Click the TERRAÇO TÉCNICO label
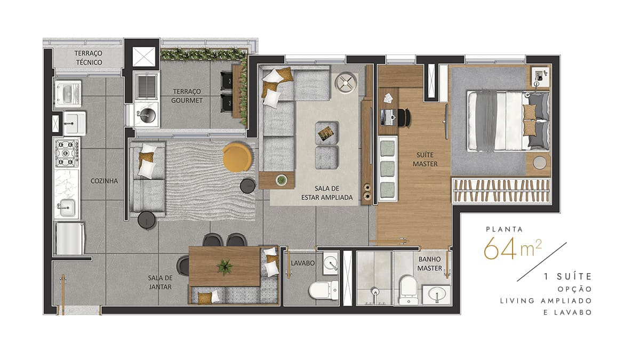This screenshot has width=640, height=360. click(89, 58)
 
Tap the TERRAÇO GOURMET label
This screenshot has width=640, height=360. click(187, 96)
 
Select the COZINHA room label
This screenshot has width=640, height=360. click(104, 181)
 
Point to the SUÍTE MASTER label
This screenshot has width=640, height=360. click(425, 159)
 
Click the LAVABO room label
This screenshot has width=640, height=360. click(302, 263)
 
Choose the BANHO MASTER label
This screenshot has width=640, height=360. click(429, 263)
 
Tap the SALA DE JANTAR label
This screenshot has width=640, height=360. click(160, 282)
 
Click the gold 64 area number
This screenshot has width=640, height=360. click(500, 248)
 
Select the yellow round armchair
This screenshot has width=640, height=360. click(237, 157)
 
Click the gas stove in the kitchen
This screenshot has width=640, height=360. click(67, 153)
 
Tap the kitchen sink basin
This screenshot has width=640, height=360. click(67, 207)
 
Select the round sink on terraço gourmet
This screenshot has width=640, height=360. click(147, 115)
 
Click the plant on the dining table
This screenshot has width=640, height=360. click(225, 267)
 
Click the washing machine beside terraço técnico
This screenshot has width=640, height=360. click(68, 93)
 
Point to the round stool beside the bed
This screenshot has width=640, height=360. click(539, 163)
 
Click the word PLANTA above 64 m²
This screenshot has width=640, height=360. click(505, 229)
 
